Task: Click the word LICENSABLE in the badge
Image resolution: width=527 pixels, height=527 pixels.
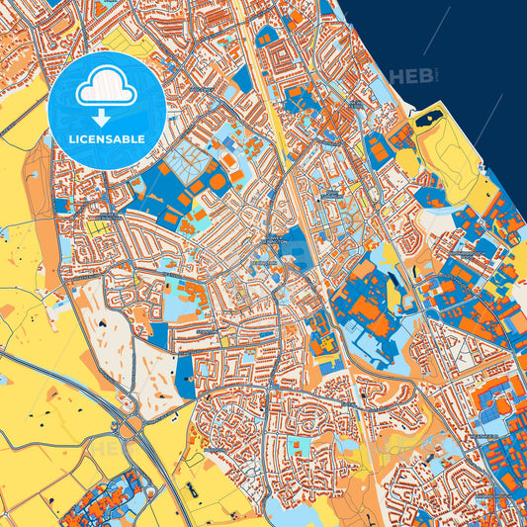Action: click(107, 138)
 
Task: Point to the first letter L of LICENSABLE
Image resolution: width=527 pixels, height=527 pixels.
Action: click(71, 138)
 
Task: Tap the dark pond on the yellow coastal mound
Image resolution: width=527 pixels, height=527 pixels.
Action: click(428, 122)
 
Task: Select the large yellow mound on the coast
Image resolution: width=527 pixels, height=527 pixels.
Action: click(450, 158)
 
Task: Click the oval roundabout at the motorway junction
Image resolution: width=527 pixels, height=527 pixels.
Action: click(132, 428)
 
